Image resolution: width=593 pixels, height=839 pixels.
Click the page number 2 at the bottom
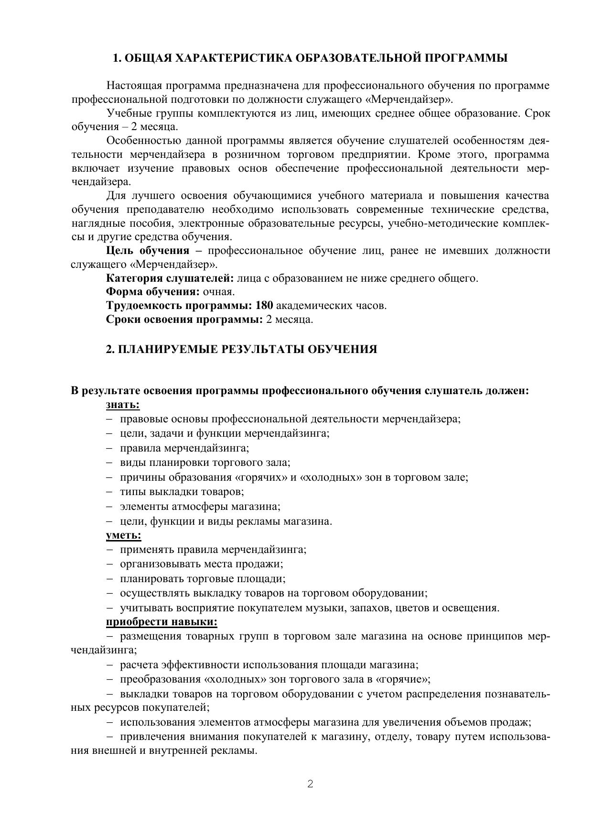coord(310,784)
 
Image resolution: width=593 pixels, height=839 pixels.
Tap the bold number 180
coord(264,306)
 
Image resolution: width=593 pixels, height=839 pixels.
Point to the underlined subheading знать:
coord(123,405)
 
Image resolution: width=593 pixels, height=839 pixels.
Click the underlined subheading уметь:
coord(123,535)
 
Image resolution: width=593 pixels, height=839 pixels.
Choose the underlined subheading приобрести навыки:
coord(162,622)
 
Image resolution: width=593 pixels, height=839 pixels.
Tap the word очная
coord(219,292)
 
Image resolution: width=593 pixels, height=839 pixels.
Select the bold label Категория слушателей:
coord(170,278)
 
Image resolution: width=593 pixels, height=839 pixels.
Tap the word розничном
coord(249,155)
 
